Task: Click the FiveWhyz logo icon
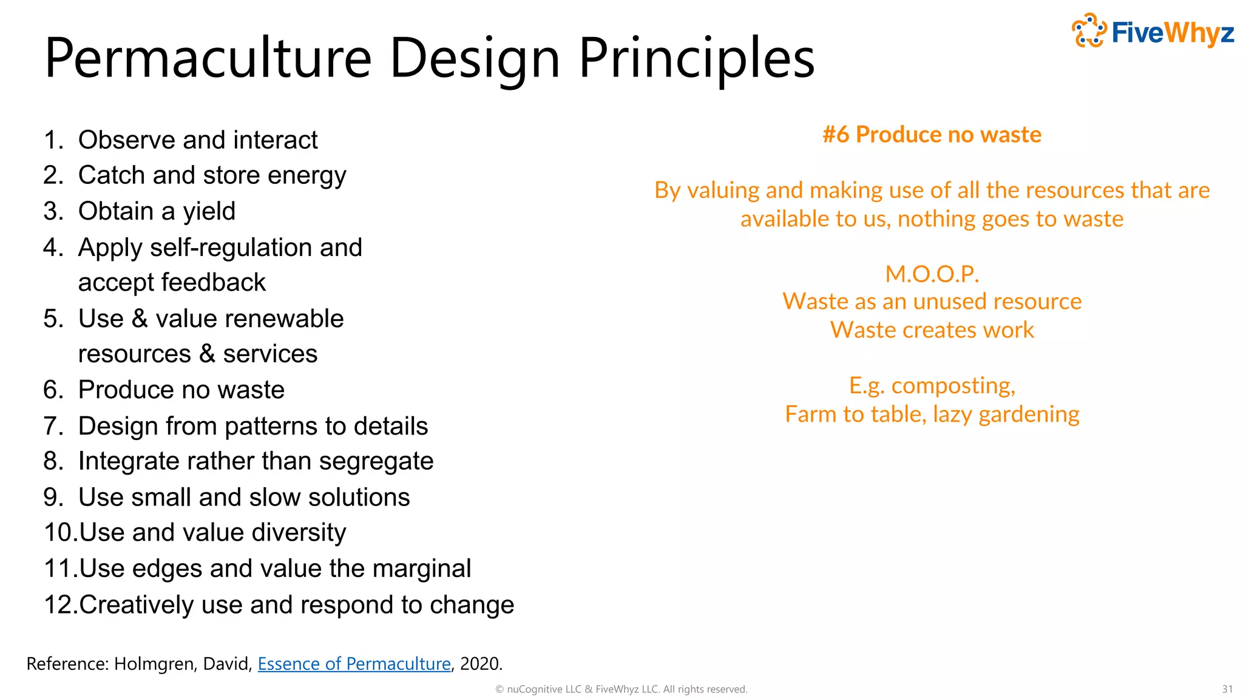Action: (1089, 30)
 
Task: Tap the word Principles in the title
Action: (696, 58)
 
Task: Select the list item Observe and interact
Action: (197, 140)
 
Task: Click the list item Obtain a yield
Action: (157, 212)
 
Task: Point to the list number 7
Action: (52, 426)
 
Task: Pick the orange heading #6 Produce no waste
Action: (932, 135)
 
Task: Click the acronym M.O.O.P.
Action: (932, 274)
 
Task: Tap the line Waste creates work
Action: (932, 330)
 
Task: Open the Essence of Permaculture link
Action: (354, 664)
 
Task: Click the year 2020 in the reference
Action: (479, 664)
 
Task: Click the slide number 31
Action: (1227, 689)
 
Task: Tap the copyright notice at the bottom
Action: (621, 689)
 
